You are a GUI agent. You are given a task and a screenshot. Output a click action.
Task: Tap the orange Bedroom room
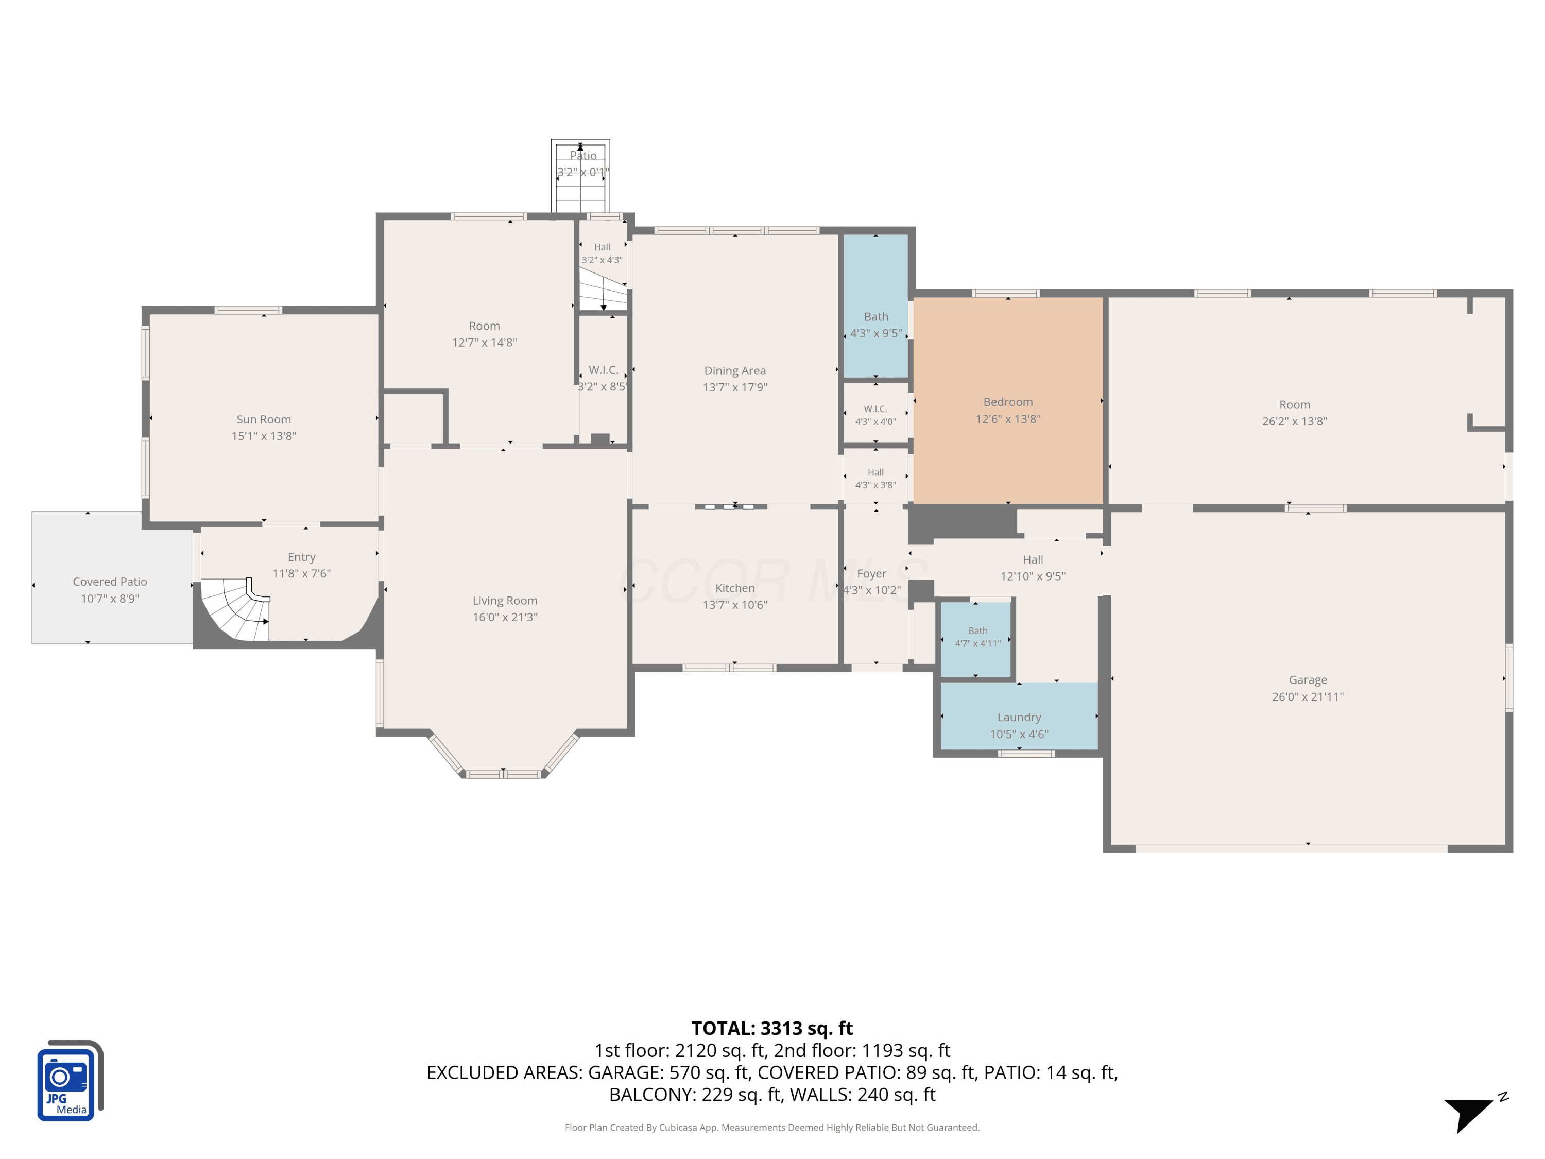(1008, 400)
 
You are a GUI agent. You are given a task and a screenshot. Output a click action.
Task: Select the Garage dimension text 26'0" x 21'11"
(1308, 696)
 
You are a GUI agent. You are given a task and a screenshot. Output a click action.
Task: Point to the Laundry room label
(1019, 718)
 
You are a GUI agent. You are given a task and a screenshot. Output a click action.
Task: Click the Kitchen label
(735, 588)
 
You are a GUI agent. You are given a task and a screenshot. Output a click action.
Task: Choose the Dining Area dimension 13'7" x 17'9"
(735, 387)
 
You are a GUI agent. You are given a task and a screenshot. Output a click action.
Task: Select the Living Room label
(505, 600)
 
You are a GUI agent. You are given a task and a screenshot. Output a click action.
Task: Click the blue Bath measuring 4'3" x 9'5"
(876, 306)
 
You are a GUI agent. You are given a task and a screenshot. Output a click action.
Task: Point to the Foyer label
(872, 573)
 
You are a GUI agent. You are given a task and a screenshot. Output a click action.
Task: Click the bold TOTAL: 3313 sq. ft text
(772, 1028)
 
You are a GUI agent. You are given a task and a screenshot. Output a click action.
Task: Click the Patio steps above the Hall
(580, 176)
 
